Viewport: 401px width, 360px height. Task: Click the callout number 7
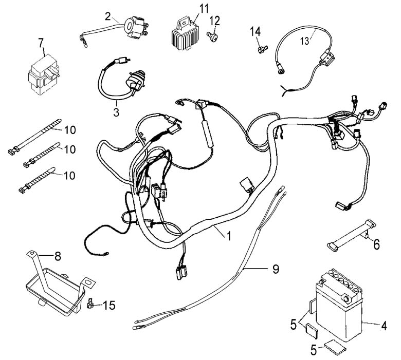tap(41, 43)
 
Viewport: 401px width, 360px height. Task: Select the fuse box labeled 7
tap(44, 75)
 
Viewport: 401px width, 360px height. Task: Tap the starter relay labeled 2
tap(135, 27)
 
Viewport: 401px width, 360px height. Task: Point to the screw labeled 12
tap(212, 37)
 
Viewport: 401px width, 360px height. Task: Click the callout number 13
tap(304, 41)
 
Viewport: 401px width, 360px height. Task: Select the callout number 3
tap(116, 112)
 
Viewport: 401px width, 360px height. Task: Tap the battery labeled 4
tap(339, 305)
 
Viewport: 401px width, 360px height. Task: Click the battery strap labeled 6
tap(352, 234)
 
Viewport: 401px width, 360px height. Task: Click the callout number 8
tap(58, 256)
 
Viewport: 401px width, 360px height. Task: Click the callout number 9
tap(276, 269)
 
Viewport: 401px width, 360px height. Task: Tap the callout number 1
tap(229, 236)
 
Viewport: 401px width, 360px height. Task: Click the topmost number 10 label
tap(70, 130)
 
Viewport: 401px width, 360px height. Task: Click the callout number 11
tap(204, 9)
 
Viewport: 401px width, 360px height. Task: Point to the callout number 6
tap(376, 245)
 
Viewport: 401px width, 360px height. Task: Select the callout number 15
tap(109, 306)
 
